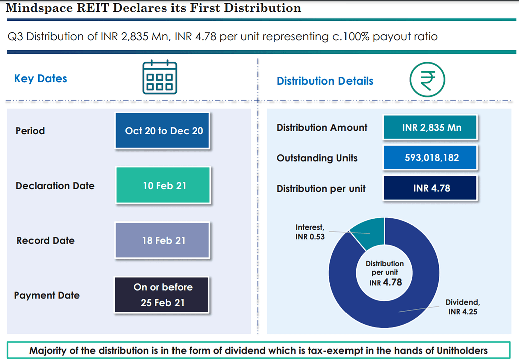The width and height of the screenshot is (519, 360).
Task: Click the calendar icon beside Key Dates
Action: point(159,77)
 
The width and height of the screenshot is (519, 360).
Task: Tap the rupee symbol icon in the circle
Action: point(427,80)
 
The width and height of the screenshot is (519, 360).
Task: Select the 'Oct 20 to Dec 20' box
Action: point(163,131)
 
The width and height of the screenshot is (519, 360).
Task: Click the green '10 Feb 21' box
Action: point(163,186)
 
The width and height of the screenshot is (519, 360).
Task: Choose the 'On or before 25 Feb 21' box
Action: point(162,295)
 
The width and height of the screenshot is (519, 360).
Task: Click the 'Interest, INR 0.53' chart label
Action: point(310,232)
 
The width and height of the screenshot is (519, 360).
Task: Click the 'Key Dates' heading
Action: point(40,79)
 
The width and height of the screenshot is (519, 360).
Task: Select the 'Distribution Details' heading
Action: point(325,81)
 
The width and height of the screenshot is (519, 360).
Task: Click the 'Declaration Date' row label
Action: point(55,186)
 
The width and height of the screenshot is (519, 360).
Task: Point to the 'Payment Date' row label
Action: point(47,295)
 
